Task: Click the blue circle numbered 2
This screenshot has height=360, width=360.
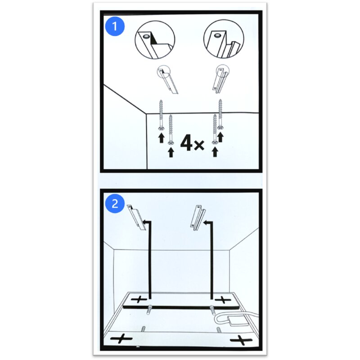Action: pyautogui.click(x=115, y=203)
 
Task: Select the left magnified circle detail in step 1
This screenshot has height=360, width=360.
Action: pyautogui.click(x=155, y=40)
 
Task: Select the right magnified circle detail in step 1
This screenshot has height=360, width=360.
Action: pyautogui.click(x=224, y=40)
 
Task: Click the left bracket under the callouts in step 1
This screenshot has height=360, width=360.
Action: pyautogui.click(x=168, y=80)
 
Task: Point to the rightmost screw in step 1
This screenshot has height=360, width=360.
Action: pyautogui.click(x=220, y=115)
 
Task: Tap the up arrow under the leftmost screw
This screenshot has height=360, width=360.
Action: pyautogui.click(x=162, y=139)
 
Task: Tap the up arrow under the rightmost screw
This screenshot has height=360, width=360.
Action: pyautogui.click(x=220, y=137)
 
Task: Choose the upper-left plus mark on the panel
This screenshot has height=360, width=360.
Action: pyautogui.click(x=139, y=299)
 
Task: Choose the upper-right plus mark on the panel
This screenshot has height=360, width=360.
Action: pyautogui.click(x=223, y=299)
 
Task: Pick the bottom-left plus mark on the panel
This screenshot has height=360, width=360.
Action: pyautogui.click(x=121, y=339)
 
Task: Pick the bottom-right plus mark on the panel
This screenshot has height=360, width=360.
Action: pyautogui.click(x=241, y=340)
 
